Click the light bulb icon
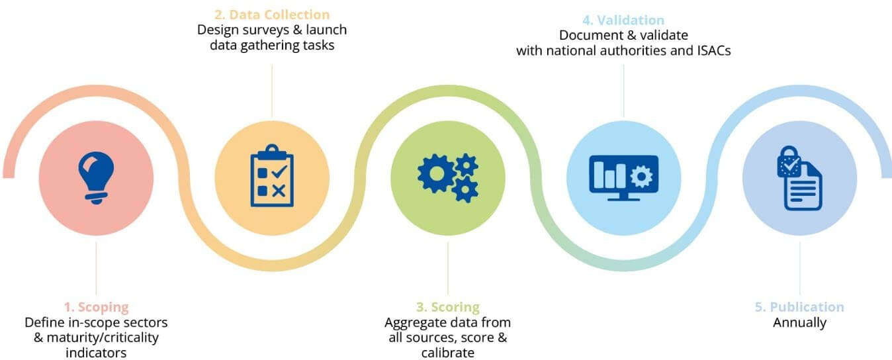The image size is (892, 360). pos(96,177)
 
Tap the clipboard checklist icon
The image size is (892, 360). pos(272,175)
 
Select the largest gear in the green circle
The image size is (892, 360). pos(436,173)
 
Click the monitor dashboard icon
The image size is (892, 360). pos(623,177)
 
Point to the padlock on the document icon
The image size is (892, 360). pos(789,161)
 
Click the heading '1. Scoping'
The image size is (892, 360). pos(97,307)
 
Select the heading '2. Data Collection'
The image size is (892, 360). pos(272,15)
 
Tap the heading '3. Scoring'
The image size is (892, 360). pos(448,307)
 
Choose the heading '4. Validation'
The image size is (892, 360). pos(623,20)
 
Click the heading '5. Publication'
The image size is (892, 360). pos(799,307)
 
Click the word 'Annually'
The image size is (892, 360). pos(799,322)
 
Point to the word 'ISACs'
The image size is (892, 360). pos(714,50)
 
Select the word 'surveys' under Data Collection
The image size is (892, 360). pos(266,30)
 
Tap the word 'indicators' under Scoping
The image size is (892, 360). pos(96,353)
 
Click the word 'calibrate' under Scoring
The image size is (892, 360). pos(448,353)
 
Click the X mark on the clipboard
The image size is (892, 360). pos(279,191)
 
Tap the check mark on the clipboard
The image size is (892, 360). pos(279,171)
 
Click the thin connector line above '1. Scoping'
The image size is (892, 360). pos(96,269)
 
